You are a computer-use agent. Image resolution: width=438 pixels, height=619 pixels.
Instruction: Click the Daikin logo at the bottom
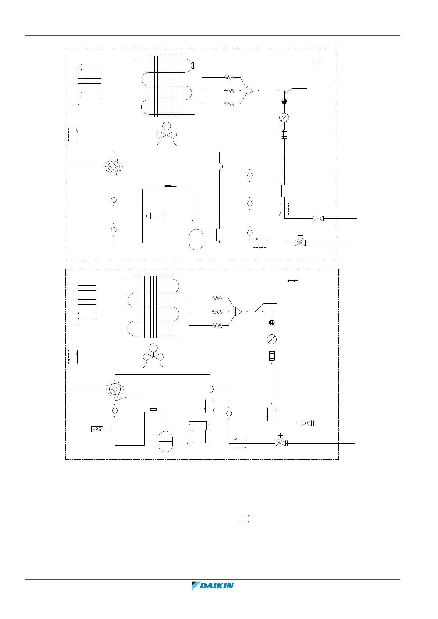coord(213,586)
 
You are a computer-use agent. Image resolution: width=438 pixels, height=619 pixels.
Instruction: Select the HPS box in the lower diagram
coord(97,429)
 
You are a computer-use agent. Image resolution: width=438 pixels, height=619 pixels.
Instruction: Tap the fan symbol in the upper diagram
coord(167,134)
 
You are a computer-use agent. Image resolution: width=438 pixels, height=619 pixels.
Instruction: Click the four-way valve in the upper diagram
coord(114,167)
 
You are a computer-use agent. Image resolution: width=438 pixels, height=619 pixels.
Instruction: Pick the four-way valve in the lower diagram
coord(115,389)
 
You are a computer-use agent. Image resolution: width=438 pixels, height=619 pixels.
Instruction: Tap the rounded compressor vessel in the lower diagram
coord(165,441)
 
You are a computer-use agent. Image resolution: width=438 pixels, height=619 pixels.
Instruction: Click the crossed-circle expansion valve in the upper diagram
coord(284,118)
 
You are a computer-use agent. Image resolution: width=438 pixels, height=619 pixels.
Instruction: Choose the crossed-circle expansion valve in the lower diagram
coord(272,339)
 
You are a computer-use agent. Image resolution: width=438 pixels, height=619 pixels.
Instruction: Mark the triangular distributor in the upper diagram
coord(250,90)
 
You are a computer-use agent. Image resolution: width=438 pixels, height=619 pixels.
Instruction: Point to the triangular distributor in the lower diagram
coord(238,312)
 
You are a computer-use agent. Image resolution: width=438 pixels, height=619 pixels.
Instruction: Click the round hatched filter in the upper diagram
coord(284,101)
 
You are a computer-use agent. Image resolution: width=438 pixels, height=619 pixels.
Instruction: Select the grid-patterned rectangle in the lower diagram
coord(272,356)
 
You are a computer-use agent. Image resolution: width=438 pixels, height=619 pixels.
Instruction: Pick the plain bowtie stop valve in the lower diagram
coord(306,423)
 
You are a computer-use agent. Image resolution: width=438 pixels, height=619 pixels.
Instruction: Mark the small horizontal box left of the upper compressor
coord(157,216)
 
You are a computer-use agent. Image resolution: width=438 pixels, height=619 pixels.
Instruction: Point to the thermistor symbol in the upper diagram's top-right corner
coord(318,61)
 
